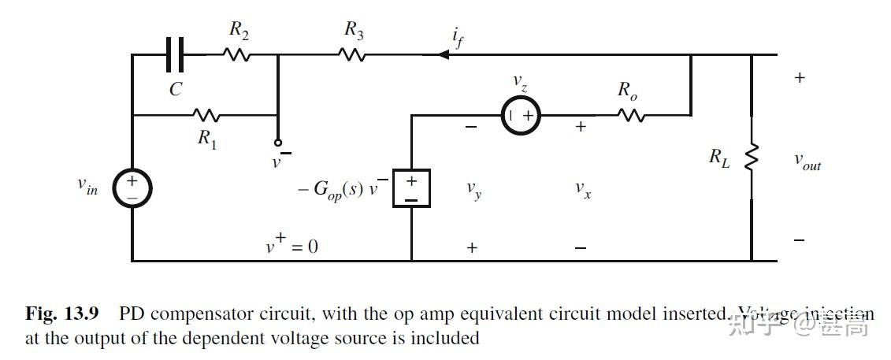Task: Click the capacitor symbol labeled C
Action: coord(175,55)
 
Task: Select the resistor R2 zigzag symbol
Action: coord(236,55)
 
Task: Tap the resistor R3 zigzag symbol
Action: coord(352,55)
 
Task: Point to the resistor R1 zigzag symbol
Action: coord(206,116)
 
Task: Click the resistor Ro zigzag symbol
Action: coord(632,116)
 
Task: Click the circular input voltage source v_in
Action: coord(132,188)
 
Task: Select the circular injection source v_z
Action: coord(521,116)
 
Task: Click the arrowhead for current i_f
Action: coord(443,55)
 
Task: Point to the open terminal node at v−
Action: coord(277,143)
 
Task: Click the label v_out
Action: coord(807,162)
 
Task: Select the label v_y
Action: coord(473,189)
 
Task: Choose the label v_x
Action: coord(582,189)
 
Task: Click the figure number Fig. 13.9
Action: coord(62,314)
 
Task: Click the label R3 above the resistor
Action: coord(354,30)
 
